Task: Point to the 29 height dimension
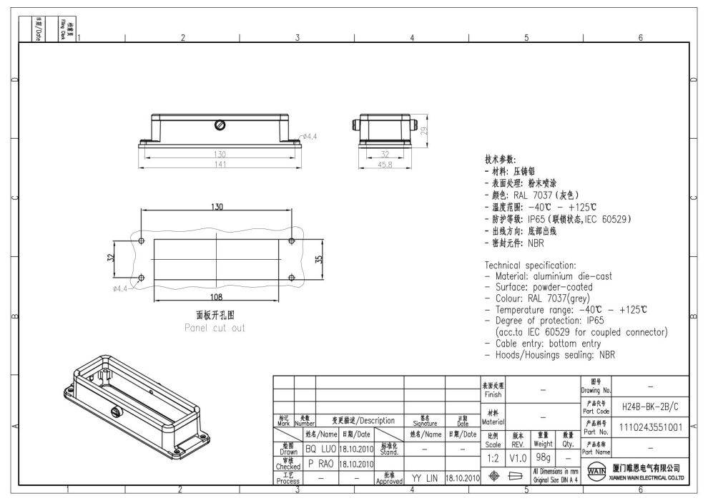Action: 424,132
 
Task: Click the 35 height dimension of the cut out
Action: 320,259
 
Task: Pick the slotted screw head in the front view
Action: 221,125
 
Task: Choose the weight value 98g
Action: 544,457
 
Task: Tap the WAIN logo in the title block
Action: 594,472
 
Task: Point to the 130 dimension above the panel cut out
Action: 216,207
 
